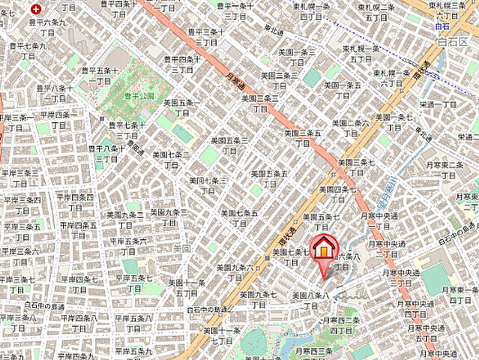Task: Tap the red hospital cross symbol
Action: [36, 9]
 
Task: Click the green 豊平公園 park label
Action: [140, 96]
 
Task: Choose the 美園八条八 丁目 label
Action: [310, 301]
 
